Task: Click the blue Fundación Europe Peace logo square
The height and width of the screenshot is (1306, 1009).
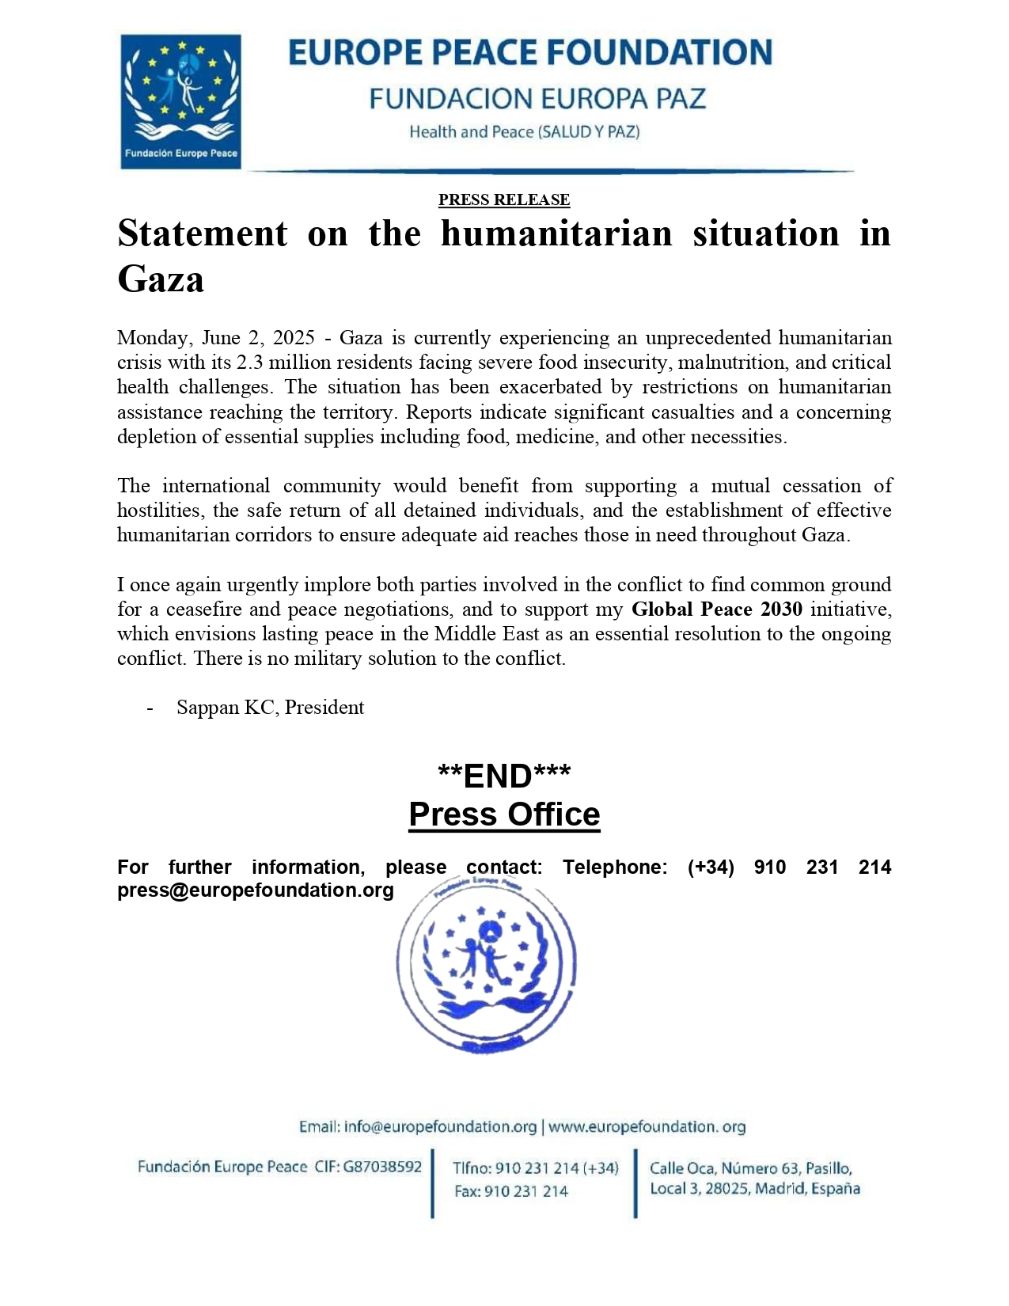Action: (180, 101)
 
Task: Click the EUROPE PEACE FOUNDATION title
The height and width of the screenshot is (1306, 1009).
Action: (529, 53)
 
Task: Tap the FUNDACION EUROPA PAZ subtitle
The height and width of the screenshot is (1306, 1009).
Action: (537, 99)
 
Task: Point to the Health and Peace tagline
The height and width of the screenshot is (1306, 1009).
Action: (524, 132)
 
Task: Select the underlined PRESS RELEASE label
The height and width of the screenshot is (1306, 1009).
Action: (504, 199)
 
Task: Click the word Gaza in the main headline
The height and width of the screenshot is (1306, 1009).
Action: (161, 279)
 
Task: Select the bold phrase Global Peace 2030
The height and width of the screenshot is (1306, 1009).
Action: (716, 609)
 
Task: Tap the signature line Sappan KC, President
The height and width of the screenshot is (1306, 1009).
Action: (270, 708)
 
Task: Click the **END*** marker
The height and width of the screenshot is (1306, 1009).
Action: (504, 776)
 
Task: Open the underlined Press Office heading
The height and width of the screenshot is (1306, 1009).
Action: (504, 814)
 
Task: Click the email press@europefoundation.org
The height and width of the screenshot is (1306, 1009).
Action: (256, 890)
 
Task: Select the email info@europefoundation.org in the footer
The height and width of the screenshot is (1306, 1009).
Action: (418, 1126)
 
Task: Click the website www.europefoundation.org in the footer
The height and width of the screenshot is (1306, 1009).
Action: (647, 1126)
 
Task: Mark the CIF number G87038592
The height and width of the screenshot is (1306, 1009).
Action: (381, 1167)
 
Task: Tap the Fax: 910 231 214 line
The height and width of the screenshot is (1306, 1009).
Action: (511, 1191)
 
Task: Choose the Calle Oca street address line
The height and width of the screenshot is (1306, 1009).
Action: (750, 1168)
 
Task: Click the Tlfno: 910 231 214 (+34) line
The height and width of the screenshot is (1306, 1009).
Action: (535, 1168)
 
